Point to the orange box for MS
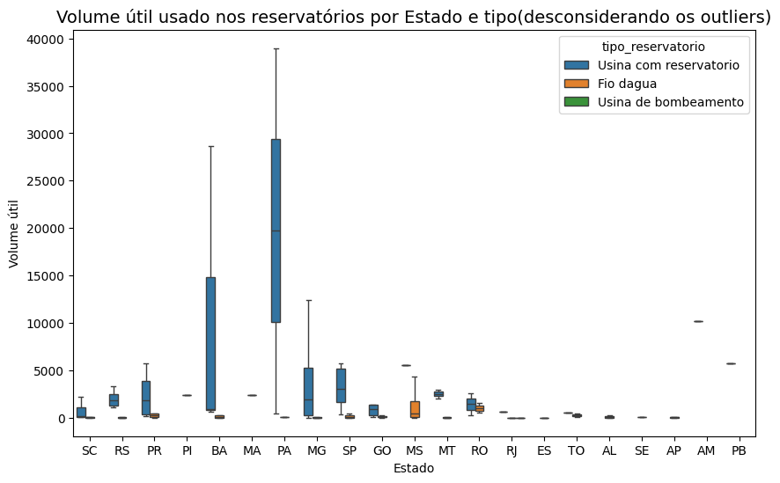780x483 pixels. [x=415, y=409]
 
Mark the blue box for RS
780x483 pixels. [x=113, y=399]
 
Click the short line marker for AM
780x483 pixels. [x=698, y=322]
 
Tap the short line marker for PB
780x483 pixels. [x=731, y=363]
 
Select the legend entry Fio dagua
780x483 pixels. [x=627, y=84]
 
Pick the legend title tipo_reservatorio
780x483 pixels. [x=653, y=46]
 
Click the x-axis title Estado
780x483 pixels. [x=414, y=469]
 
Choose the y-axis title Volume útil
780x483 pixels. [x=14, y=229]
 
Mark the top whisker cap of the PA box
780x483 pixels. [x=276, y=48]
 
